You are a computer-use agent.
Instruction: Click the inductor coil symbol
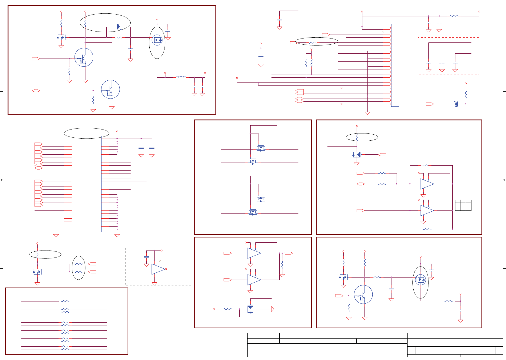(181, 77)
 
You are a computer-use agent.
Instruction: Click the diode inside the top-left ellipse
(118, 27)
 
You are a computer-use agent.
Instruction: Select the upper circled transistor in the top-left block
(84, 57)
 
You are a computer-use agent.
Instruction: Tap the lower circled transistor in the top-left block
(111, 89)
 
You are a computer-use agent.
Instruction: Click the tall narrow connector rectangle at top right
(395, 65)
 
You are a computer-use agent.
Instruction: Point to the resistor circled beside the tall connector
(313, 43)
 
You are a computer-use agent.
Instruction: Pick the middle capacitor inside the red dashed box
(442, 62)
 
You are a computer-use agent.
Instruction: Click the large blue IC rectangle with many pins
(87, 184)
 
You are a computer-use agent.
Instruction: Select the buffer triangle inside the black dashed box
(158, 269)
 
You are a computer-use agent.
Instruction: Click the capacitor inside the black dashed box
(147, 257)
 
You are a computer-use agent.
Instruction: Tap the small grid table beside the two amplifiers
(463, 205)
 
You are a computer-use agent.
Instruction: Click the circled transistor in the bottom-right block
(363, 294)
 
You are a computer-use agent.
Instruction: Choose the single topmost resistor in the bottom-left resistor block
(65, 301)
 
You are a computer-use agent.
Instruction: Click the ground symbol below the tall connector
(367, 113)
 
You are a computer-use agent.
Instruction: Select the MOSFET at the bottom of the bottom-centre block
(250, 309)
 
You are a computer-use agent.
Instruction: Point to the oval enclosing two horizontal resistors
(79, 268)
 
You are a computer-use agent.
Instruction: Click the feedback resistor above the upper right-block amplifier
(424, 166)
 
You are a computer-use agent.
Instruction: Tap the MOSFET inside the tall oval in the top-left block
(157, 40)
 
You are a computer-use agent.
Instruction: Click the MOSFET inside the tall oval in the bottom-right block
(421, 280)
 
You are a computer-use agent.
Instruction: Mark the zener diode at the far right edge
(456, 104)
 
